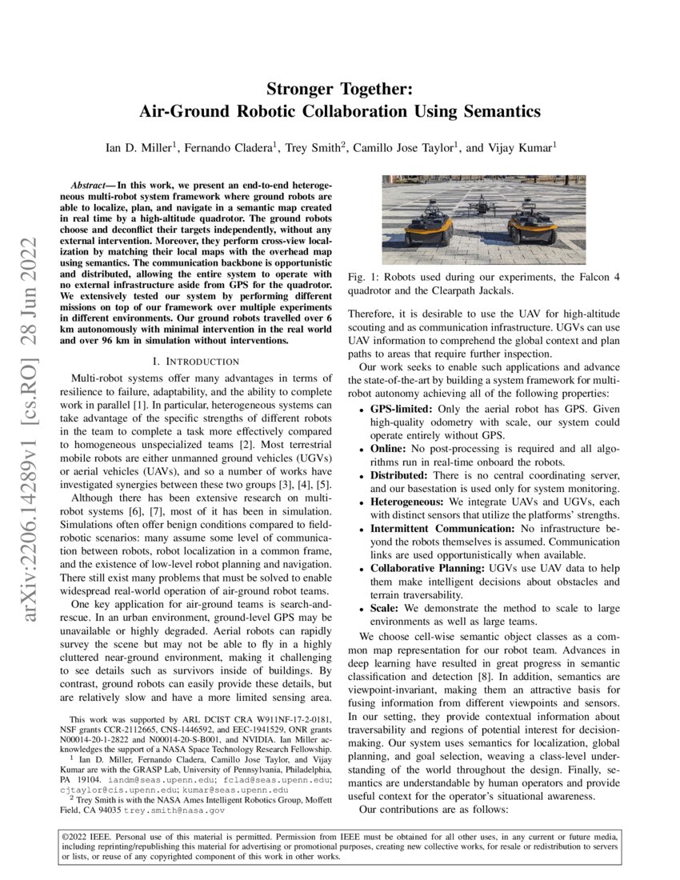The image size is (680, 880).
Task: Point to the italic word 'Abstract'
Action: point(91,184)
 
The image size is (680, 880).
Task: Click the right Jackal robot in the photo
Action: point(532,225)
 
